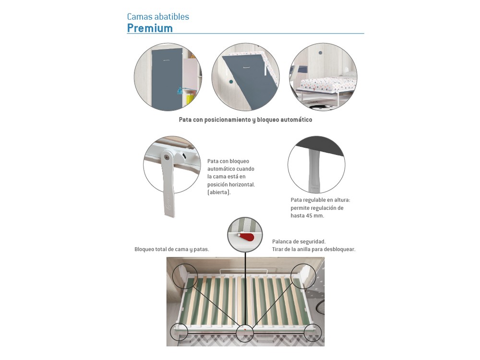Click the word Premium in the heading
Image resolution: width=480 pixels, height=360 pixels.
coord(150,28)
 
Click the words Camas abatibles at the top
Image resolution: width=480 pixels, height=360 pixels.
coord(158,16)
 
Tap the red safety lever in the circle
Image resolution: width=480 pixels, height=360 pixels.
coord(247,237)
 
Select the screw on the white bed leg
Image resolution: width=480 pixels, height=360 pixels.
coord(167,157)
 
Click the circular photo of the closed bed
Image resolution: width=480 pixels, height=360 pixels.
coord(168,77)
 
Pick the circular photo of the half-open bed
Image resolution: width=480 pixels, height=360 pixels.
coord(245,77)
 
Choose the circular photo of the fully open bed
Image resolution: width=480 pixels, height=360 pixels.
coord(323,77)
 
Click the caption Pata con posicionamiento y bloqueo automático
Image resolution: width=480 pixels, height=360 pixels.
coord(245,120)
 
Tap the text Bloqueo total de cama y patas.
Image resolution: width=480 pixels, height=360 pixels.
coord(172,249)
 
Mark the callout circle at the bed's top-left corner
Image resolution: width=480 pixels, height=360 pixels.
coord(184,276)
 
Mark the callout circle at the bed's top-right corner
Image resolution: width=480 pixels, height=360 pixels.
coord(303,276)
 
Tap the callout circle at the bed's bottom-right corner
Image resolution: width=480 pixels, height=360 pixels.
coord(313,332)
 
